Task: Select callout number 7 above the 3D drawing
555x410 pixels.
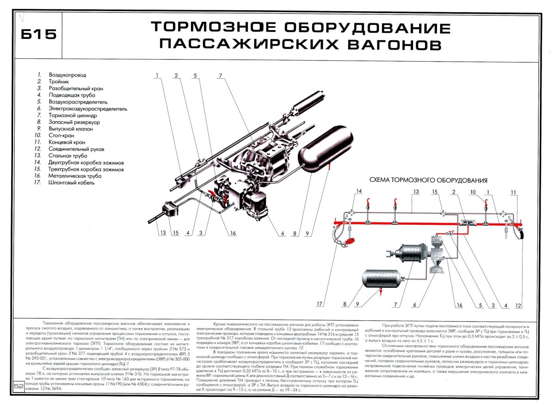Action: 221,75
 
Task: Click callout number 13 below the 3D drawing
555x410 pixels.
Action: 163,233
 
